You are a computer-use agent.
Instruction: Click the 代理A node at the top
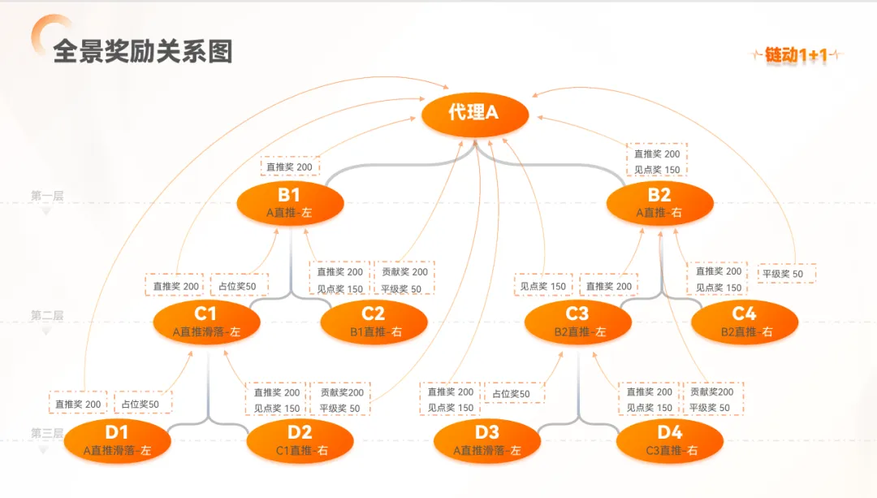coord(475,112)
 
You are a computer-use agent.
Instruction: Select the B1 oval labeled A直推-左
coord(289,203)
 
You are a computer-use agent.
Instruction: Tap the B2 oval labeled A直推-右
coord(659,203)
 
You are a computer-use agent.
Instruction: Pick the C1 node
coord(206,322)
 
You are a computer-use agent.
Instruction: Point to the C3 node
coord(577,322)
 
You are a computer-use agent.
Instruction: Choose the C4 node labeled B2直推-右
coord(745,322)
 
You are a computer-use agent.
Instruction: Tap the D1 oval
coord(117,440)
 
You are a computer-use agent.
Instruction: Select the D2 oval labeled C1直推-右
coord(300,440)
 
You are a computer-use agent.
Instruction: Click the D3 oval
coord(486,440)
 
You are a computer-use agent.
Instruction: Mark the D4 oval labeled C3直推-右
coord(670,440)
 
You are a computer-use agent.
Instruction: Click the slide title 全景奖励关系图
coord(143,51)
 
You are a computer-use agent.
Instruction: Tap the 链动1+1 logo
coord(797,55)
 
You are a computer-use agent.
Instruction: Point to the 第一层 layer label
coord(47,196)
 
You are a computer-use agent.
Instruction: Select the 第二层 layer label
coord(47,315)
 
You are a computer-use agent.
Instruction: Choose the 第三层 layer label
coord(47,433)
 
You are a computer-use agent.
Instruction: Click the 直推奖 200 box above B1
coord(290,167)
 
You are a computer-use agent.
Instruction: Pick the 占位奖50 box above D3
coord(513,394)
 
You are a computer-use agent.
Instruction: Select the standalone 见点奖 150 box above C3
coord(543,286)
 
